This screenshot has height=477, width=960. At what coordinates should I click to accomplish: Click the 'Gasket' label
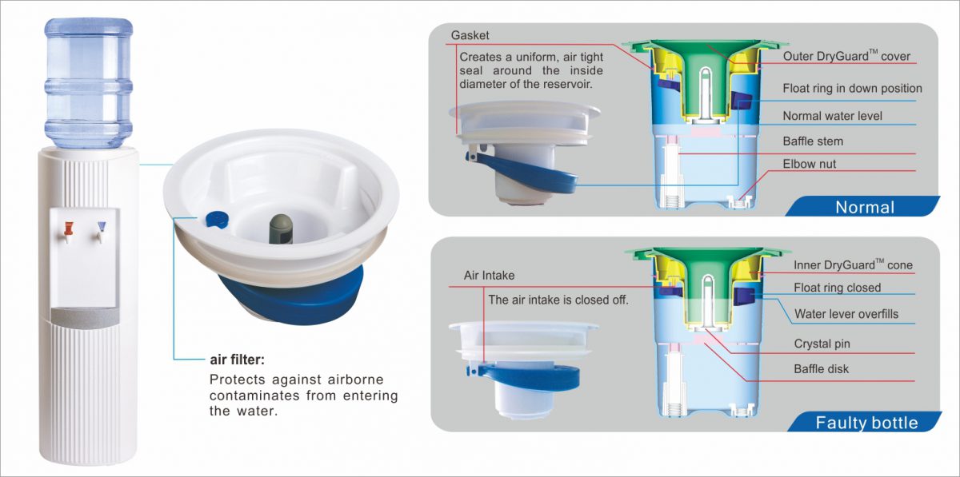point(469,36)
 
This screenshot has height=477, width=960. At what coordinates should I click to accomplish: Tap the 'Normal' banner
point(864,207)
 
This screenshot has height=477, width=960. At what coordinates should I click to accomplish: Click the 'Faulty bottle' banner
point(866,422)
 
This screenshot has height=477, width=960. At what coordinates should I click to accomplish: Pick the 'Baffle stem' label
point(813,141)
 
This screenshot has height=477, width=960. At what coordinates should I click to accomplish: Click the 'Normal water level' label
point(832,116)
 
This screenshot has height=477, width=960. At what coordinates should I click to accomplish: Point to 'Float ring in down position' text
point(852,88)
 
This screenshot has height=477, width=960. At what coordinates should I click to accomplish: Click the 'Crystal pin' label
point(822,344)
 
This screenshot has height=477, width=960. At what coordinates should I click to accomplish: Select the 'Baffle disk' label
point(822,369)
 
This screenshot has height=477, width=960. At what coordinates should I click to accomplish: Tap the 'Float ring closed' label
point(837,288)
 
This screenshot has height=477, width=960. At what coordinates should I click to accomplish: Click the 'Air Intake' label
point(489,276)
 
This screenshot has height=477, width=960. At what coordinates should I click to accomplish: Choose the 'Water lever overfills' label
point(846,314)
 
